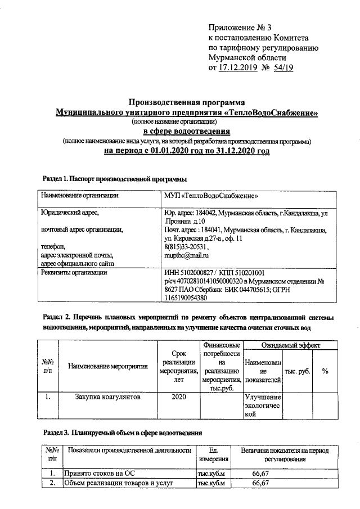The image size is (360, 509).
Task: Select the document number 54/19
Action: [x=283, y=67]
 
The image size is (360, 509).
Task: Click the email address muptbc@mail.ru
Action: [x=187, y=256]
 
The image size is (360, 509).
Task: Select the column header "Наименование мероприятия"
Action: [x=107, y=367]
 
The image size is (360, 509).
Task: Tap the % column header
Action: [x=325, y=371]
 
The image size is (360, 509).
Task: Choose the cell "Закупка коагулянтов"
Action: [x=107, y=397]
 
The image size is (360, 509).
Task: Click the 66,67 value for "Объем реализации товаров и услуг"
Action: [x=259, y=483]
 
